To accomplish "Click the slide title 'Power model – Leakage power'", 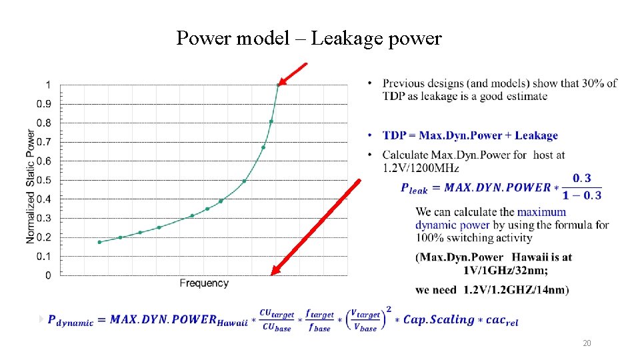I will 309,39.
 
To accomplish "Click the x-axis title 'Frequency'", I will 204,283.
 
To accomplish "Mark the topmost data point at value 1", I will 278,85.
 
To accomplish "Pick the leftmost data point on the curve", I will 99,242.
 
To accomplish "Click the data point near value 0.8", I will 271,121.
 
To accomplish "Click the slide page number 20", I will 587,343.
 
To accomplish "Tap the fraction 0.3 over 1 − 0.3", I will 581,187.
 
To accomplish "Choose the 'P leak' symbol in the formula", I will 414,189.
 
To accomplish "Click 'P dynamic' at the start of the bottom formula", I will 71,321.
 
